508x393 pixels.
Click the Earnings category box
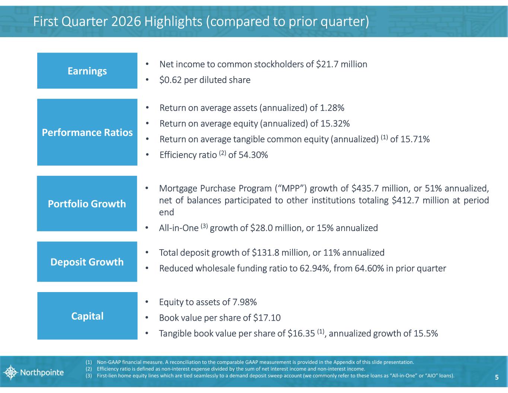point(87,71)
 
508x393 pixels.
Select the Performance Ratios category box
point(87,132)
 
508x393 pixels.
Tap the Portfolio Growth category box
point(87,204)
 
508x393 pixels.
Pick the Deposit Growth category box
point(87,262)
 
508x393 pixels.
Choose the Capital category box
point(87,316)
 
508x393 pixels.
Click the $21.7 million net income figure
point(341,64)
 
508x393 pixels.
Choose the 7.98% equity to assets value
point(244,302)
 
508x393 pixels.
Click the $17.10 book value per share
point(267,318)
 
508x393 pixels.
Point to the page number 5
point(496,377)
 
